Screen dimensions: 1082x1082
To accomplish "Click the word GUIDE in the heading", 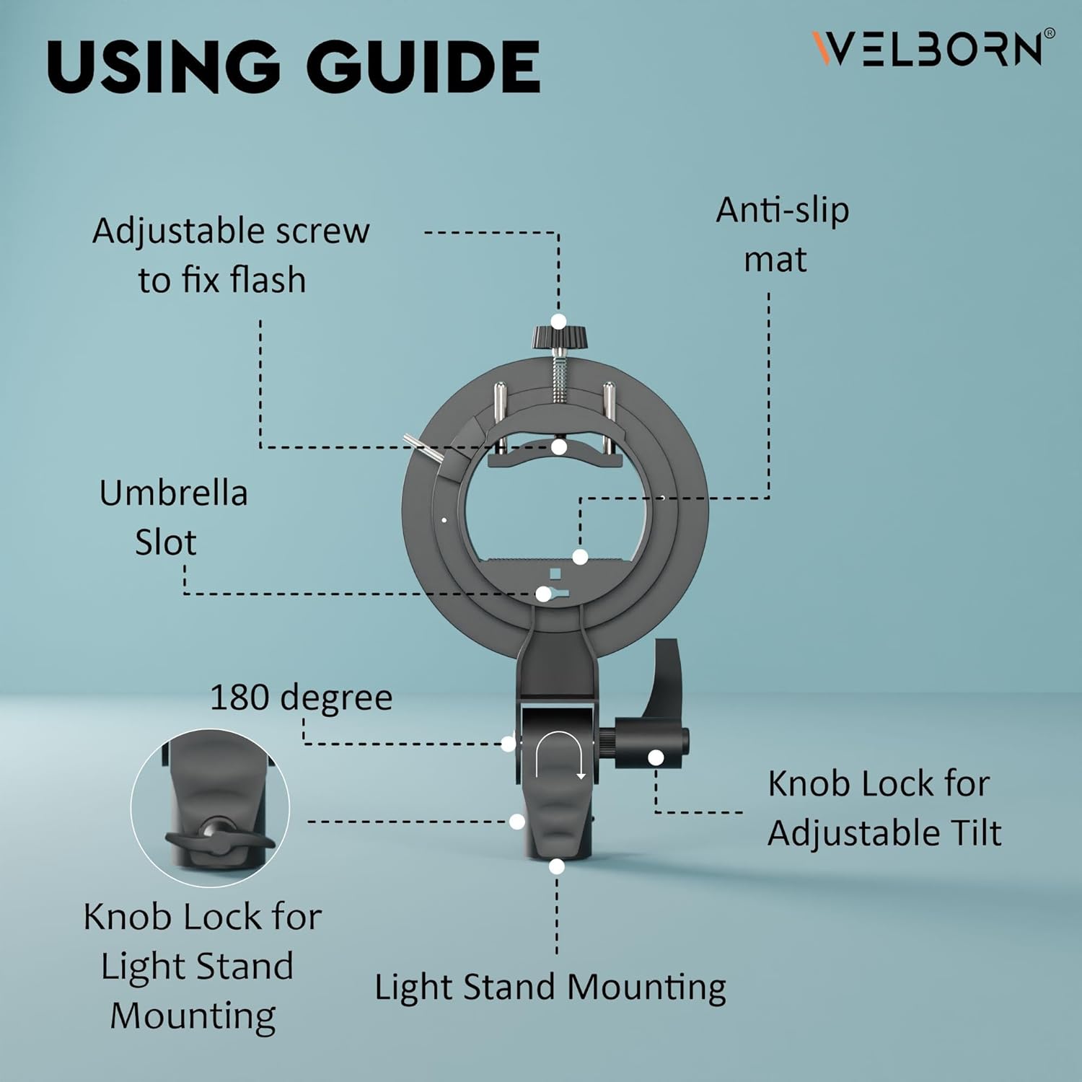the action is point(423,66).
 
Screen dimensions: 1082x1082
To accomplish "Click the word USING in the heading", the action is point(163,66).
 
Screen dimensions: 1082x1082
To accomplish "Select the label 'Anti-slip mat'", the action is point(783,234).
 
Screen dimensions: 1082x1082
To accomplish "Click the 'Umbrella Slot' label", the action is point(173,518).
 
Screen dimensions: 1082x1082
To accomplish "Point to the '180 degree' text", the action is point(301,698).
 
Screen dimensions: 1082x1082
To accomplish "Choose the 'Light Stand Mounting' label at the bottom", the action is point(550,988).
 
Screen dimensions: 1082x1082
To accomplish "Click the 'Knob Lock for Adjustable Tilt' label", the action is point(884,808).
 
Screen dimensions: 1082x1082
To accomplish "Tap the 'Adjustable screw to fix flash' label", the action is point(231,255).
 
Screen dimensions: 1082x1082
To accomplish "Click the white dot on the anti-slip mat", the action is point(580,557).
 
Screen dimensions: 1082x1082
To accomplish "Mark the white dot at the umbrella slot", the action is point(543,594).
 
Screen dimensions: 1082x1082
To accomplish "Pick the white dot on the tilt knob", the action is point(656,758).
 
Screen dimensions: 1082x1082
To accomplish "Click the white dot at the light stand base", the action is point(556,866).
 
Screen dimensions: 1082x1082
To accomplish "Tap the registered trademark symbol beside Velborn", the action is point(1050,33).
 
